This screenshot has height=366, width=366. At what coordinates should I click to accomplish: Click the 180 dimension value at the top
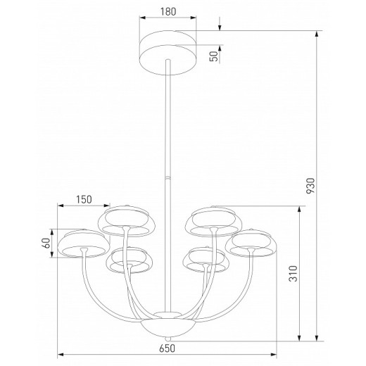point(167,12)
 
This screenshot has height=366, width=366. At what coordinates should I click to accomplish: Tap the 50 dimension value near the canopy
point(213,56)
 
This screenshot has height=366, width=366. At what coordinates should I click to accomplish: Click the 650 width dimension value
point(167,348)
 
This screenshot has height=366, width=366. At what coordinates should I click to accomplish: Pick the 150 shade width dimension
point(84,199)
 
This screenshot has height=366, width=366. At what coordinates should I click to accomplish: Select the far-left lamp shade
point(82,243)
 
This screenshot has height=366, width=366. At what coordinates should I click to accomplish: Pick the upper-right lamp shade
point(210,220)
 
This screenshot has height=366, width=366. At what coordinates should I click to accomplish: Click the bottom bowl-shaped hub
point(168,327)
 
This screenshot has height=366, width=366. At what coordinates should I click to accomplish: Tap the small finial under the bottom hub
point(168,339)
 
